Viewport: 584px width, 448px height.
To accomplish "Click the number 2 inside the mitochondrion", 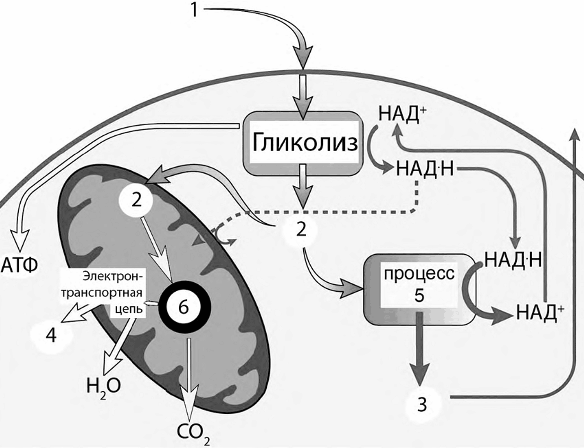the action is point(137,201).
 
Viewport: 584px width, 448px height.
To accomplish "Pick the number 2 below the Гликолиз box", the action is point(301,230).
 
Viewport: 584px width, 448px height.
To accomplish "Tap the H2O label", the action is point(103,388).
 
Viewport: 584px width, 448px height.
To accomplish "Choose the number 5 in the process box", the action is point(419,295).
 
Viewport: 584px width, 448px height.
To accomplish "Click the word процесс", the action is point(419,274).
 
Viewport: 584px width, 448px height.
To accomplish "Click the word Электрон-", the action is point(113,276).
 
